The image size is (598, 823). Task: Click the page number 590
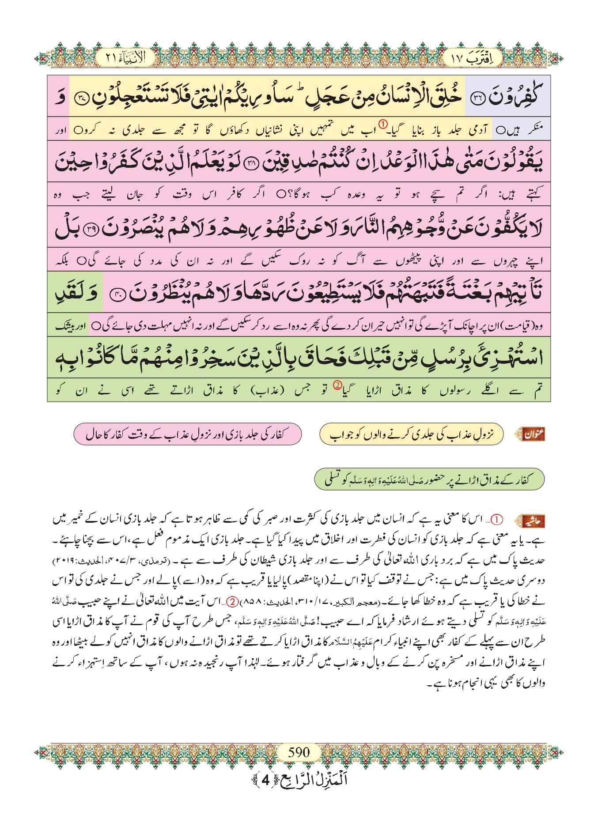point(299,752)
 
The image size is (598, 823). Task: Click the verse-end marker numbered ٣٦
point(479,98)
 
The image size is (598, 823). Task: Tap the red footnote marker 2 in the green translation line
point(337,385)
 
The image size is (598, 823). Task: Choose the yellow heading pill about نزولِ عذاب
point(411,435)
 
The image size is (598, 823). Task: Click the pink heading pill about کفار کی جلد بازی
point(187,434)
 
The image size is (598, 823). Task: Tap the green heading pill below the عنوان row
point(429,479)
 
